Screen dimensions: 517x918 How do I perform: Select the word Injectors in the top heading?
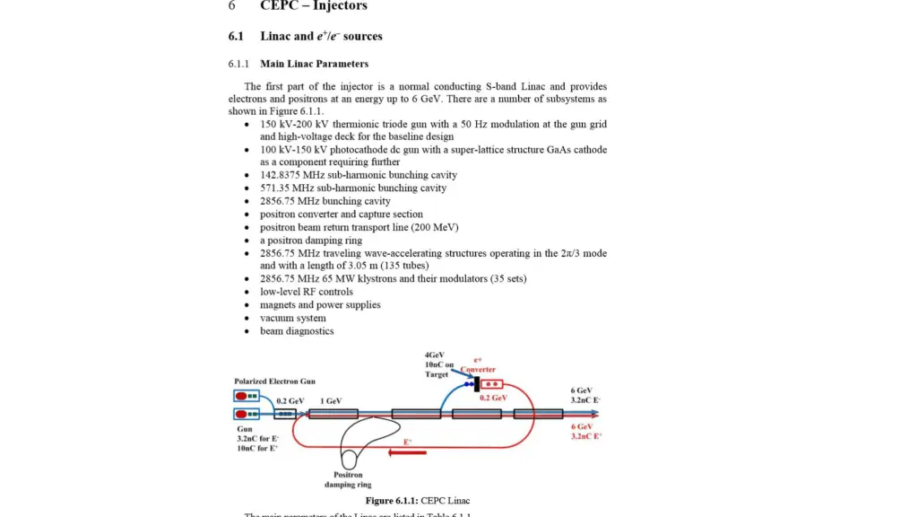(339, 6)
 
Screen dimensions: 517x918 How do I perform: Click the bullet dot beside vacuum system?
(247, 319)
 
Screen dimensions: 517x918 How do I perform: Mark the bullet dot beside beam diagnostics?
(247, 331)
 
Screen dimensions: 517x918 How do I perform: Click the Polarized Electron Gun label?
(274, 381)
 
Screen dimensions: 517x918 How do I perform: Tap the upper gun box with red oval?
(246, 396)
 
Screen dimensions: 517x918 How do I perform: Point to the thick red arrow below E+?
(408, 452)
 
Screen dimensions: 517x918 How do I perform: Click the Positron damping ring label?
(347, 479)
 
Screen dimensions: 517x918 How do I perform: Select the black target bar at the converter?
(476, 384)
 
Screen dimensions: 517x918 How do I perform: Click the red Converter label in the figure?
(478, 369)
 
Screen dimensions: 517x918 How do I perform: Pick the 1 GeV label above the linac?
(331, 401)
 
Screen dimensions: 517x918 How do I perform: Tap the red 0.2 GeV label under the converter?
(493, 398)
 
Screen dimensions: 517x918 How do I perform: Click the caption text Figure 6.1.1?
(391, 501)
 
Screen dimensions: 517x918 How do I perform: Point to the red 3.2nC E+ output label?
(585, 436)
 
